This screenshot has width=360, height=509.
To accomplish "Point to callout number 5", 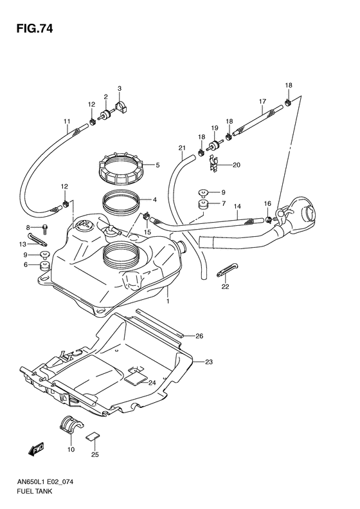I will tap(157, 165).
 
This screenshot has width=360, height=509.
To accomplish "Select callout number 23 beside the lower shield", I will tap(208, 362).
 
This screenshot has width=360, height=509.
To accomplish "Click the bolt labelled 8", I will tap(46, 230).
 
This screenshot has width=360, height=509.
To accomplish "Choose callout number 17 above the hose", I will tap(262, 102).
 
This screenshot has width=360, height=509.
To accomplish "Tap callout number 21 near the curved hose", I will tap(182, 149).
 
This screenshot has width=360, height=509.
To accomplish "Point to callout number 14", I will tap(237, 207).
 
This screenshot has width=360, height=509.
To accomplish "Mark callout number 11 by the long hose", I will tap(66, 122).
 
